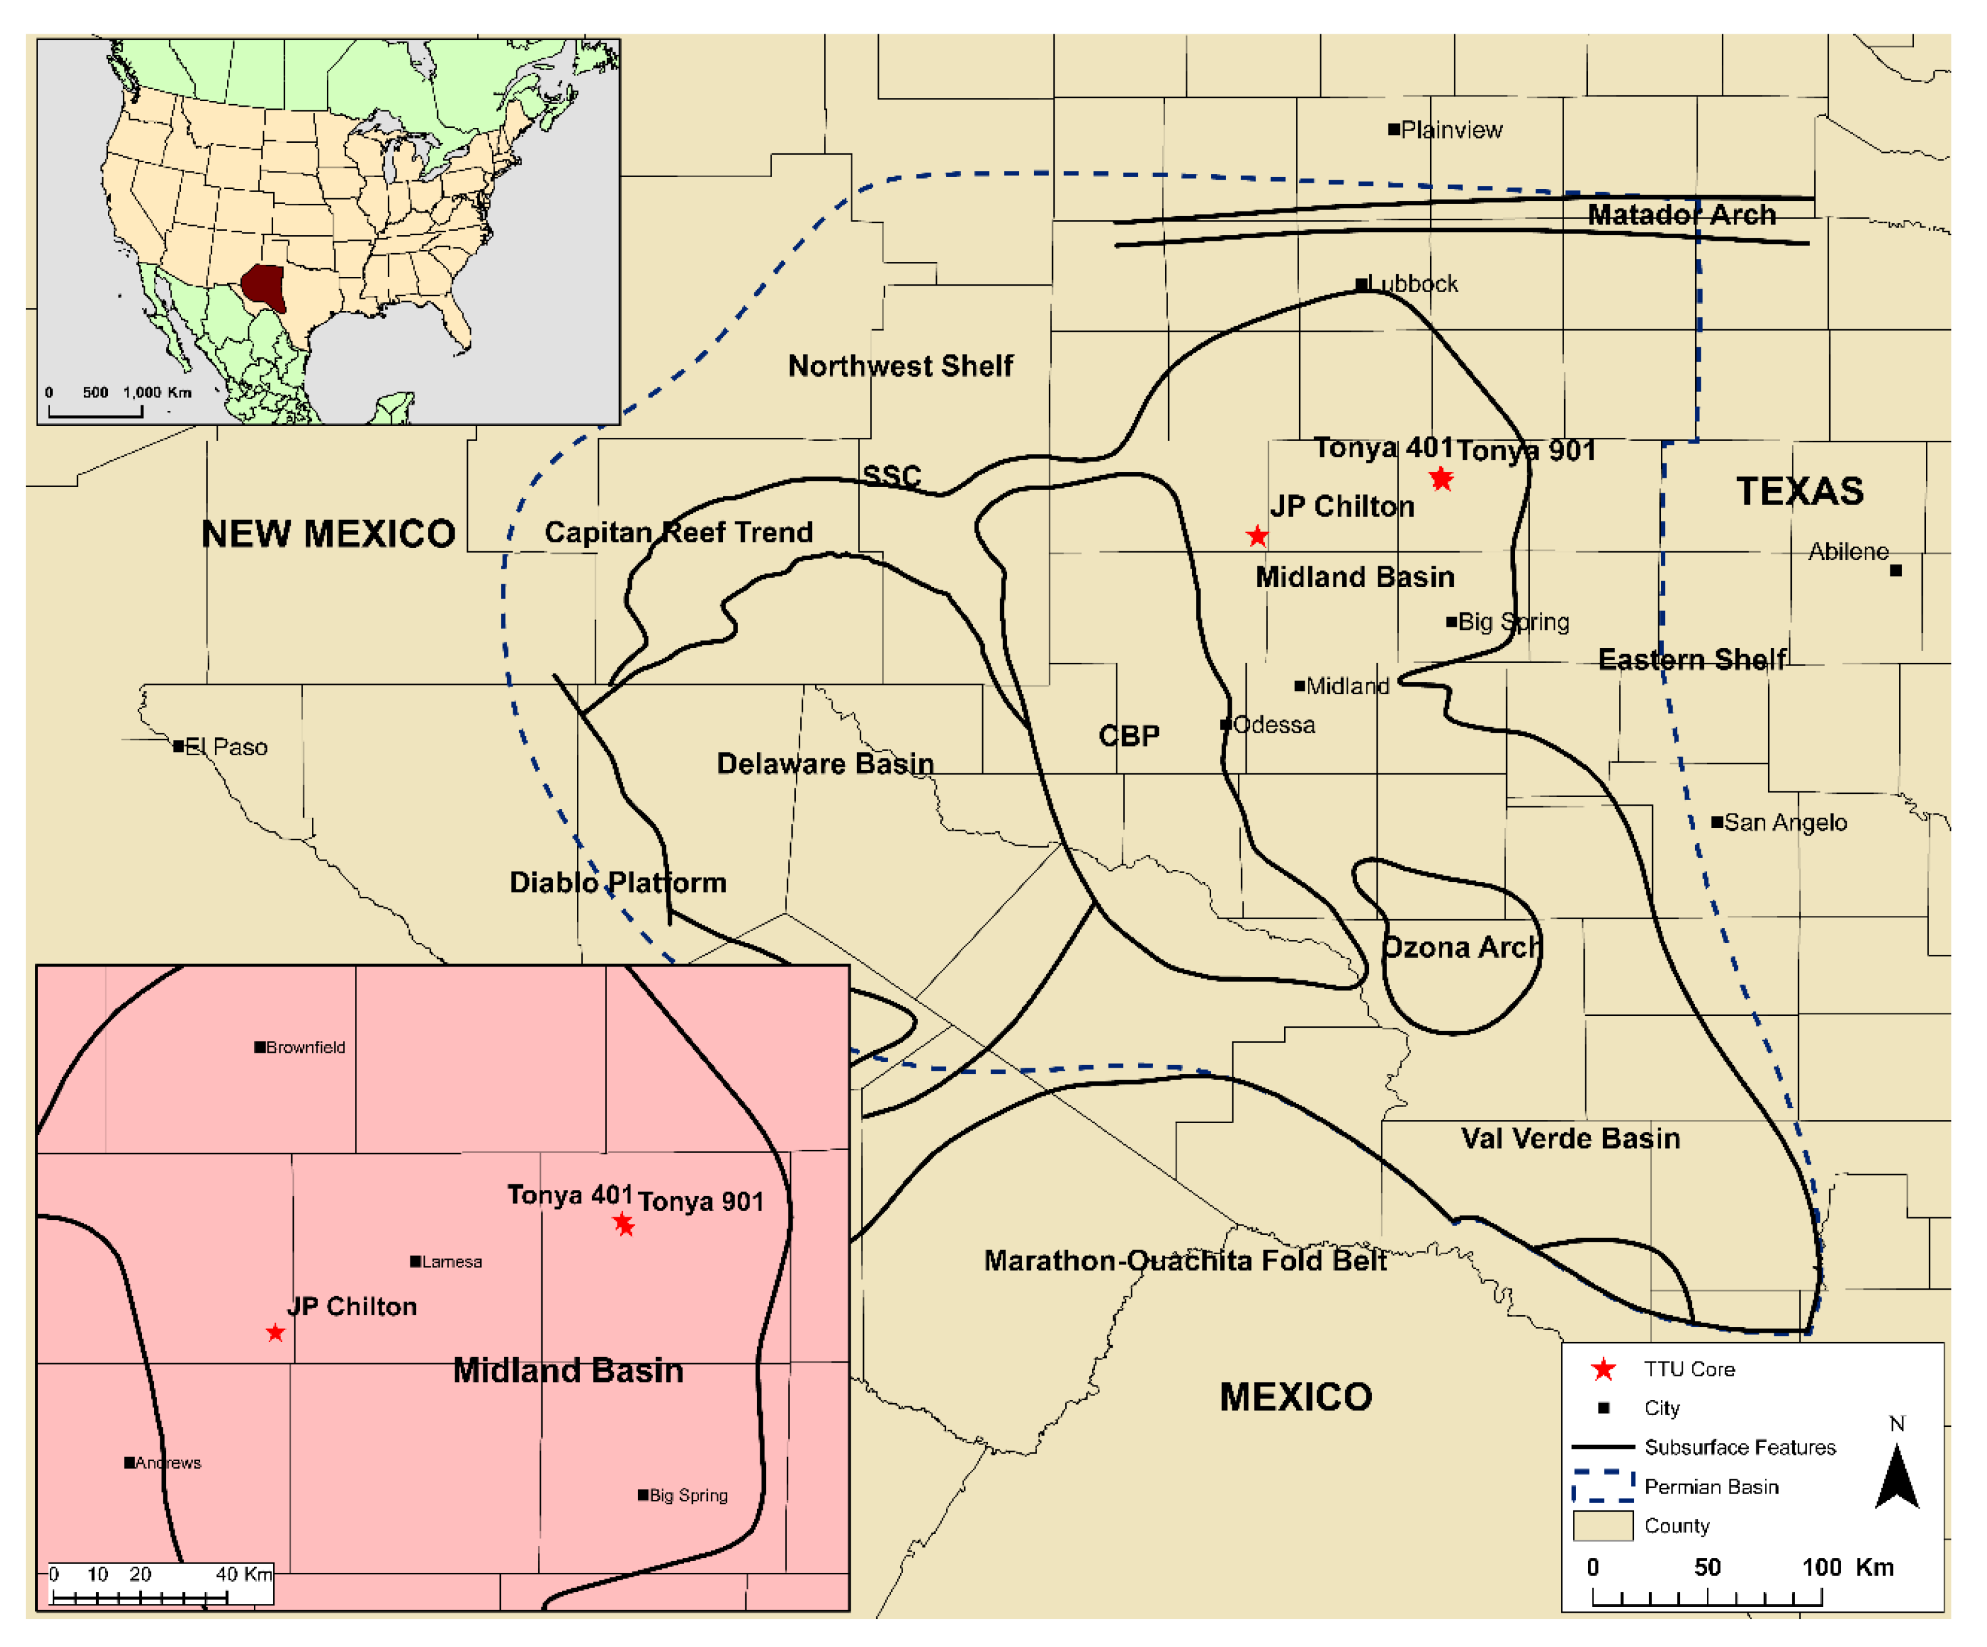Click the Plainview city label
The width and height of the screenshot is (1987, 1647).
[x=1451, y=130]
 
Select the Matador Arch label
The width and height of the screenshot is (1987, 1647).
[x=1681, y=215]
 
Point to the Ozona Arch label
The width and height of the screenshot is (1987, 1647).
[x=1462, y=947]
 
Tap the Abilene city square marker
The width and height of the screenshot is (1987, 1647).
[x=1895, y=571]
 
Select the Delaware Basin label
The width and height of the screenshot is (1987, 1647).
[x=825, y=763]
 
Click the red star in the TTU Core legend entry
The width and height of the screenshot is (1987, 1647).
[x=1603, y=1369]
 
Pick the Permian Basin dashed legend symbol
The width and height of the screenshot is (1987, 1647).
[x=1603, y=1486]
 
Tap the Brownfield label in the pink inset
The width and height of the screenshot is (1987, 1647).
[x=305, y=1047]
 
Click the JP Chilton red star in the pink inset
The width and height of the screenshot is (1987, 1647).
[x=275, y=1333]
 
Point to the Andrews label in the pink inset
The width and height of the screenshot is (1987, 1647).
[x=168, y=1462]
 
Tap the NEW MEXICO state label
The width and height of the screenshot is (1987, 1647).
[x=328, y=534]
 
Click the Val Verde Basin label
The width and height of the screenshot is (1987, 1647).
[x=1570, y=1138]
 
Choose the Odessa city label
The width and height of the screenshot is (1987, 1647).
[x=1274, y=725]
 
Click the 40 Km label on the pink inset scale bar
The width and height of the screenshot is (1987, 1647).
[x=243, y=1574]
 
